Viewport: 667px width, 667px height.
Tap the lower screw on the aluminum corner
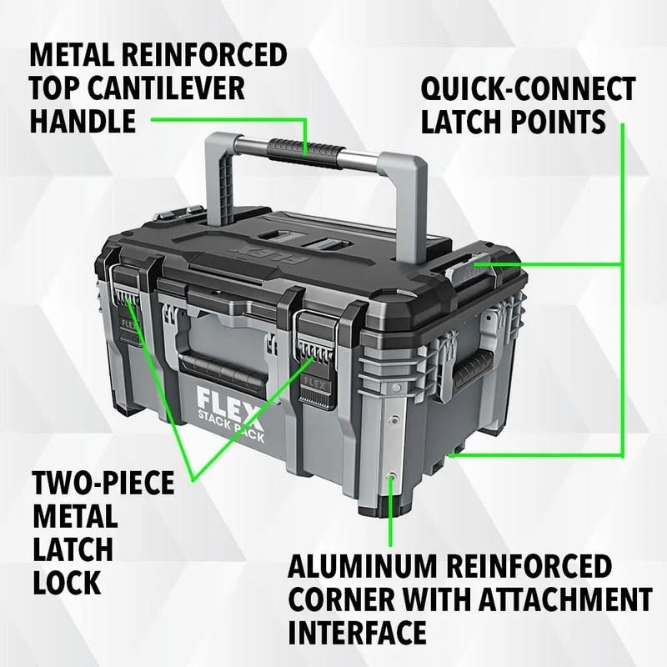(x=392, y=477)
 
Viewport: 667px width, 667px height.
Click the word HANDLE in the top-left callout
(x=83, y=122)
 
